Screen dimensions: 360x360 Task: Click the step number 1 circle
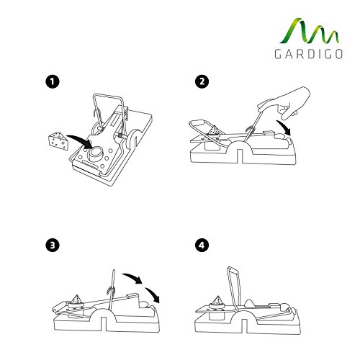click(x=50, y=82)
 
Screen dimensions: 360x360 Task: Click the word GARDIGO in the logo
click(x=300, y=55)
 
